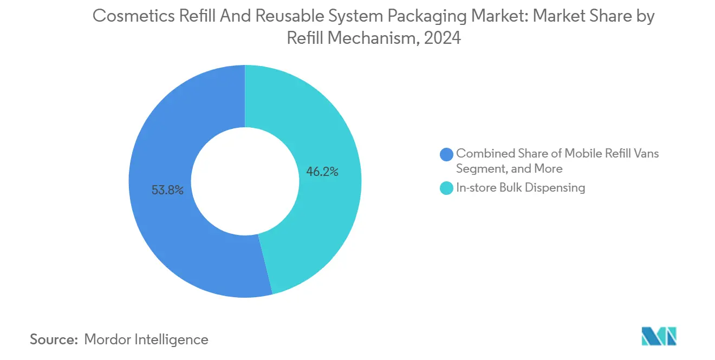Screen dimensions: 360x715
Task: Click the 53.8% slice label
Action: tap(167, 190)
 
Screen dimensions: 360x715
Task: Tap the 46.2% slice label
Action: tap(322, 172)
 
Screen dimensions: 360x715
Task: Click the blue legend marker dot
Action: tap(447, 154)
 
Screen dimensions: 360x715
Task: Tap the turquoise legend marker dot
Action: tap(447, 188)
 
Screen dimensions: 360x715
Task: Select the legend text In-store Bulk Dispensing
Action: tap(521, 188)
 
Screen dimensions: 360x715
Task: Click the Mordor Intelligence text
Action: tap(146, 339)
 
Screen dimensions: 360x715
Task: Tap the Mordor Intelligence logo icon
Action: tap(659, 336)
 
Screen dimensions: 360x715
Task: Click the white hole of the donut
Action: tap(245, 181)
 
